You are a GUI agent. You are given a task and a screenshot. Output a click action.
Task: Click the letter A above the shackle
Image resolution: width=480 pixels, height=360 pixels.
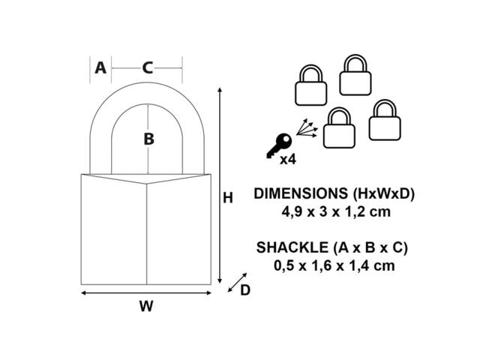point(100,68)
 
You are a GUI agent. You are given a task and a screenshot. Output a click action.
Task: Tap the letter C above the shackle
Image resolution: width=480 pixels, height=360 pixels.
point(148,68)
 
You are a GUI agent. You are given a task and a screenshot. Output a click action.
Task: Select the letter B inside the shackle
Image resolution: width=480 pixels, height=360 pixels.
point(148,139)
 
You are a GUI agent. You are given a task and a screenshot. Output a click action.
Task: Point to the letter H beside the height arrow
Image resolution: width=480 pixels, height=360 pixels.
point(228,198)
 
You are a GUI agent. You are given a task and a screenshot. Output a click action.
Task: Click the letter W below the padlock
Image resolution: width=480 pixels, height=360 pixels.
point(146,306)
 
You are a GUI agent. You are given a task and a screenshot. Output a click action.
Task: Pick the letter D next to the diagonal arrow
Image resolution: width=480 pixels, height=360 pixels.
point(245,290)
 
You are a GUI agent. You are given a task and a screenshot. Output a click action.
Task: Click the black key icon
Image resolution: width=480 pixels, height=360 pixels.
point(279,145)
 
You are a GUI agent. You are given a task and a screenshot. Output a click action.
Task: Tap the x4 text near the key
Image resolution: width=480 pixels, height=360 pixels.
point(288,160)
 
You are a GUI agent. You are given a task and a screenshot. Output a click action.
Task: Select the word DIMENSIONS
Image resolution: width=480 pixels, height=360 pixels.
point(301,193)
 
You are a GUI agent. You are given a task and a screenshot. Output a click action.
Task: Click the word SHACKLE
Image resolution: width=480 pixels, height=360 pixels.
point(292,247)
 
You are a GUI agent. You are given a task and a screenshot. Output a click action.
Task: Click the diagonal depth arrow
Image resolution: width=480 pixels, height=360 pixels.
point(237,282)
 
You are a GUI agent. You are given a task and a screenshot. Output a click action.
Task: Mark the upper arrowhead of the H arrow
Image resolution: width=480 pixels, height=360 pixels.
point(220,89)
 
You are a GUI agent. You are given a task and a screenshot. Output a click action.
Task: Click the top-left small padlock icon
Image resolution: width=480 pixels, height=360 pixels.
point(310,85)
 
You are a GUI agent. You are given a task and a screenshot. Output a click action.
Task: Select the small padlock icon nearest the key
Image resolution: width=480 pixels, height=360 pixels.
point(339,127)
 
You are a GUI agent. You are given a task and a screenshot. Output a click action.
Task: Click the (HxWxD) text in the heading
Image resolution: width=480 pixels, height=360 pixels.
point(383,193)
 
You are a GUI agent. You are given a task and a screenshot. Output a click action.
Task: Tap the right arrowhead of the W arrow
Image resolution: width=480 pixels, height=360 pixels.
point(209,293)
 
